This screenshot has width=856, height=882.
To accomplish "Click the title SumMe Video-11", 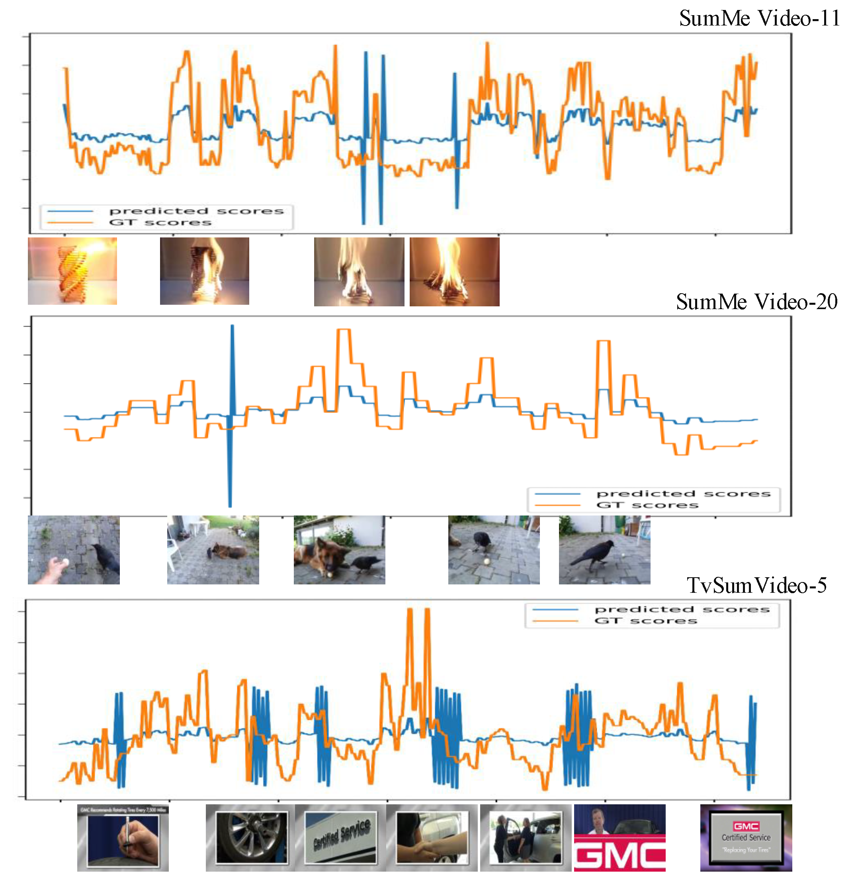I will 759,19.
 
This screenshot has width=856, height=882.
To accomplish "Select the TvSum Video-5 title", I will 756,586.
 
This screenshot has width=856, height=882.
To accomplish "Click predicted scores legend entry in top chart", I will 196,211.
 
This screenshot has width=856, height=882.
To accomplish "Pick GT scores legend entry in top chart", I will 160,222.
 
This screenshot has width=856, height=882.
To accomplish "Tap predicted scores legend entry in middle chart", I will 683,494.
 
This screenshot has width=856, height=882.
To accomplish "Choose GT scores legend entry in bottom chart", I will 645,621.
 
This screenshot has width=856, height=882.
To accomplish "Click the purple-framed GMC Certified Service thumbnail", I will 746,838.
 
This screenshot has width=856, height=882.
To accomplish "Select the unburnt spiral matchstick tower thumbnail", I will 72,271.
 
